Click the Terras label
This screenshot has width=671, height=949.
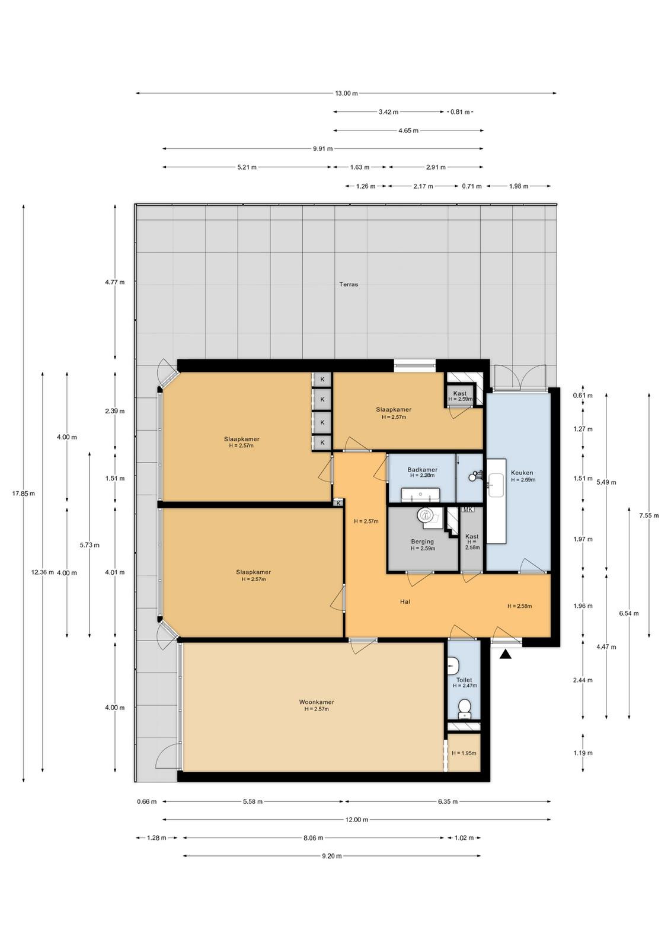(x=349, y=284)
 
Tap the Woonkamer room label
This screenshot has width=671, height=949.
(x=317, y=702)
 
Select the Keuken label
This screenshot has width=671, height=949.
(x=522, y=472)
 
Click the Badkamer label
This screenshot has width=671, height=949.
(x=422, y=469)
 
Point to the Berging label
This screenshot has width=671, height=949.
(x=422, y=541)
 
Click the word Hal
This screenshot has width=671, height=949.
(x=405, y=601)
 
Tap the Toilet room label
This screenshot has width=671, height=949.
(x=464, y=680)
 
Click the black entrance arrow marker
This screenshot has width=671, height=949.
(x=505, y=655)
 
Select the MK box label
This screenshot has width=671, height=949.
(x=468, y=509)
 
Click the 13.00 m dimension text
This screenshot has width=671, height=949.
(x=346, y=93)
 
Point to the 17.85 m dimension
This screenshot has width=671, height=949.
(x=23, y=493)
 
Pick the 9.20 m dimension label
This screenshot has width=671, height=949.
(x=331, y=856)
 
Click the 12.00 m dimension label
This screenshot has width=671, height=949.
(x=356, y=819)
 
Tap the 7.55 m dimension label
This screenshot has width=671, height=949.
(x=648, y=515)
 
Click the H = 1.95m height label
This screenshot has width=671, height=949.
(x=464, y=753)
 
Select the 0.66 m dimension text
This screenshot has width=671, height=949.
(x=146, y=801)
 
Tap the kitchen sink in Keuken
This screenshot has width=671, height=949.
(x=496, y=485)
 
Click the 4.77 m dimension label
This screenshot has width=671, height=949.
(x=115, y=282)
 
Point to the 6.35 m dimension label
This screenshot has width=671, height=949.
(x=448, y=801)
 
